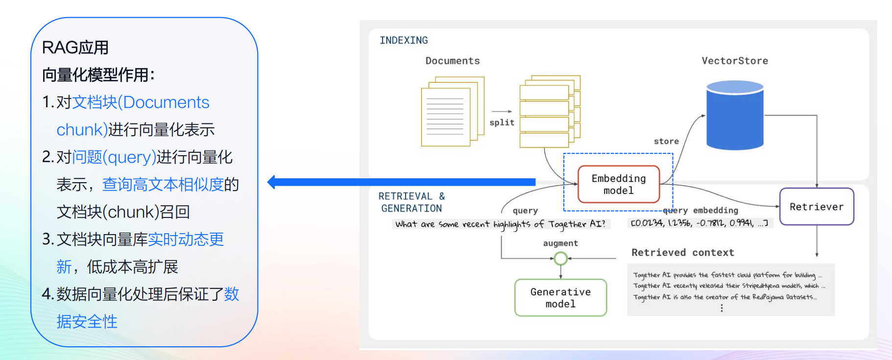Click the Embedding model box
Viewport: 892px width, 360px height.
pos(619,185)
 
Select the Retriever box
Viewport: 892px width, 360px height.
pos(817,207)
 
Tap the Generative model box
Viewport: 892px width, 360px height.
pos(560,298)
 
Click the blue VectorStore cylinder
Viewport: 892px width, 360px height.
pos(735,115)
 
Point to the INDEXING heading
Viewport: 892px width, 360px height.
pos(404,41)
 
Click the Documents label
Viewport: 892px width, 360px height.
pos(453,61)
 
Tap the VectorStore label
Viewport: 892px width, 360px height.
pos(735,61)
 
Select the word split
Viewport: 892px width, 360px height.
pos(502,122)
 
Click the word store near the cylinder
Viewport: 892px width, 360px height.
pos(666,142)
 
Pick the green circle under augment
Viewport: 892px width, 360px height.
pos(560,258)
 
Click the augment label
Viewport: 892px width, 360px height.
pos(560,243)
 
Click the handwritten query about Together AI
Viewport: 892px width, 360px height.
pos(500,224)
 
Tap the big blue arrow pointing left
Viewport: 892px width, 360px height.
pos(402,182)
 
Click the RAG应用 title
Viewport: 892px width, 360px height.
pos(75,48)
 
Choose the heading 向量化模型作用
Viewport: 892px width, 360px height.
pos(98,75)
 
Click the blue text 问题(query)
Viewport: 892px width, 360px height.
pos(114,157)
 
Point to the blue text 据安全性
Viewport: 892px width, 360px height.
pos(87,322)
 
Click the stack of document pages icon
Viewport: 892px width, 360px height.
pos(452,111)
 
